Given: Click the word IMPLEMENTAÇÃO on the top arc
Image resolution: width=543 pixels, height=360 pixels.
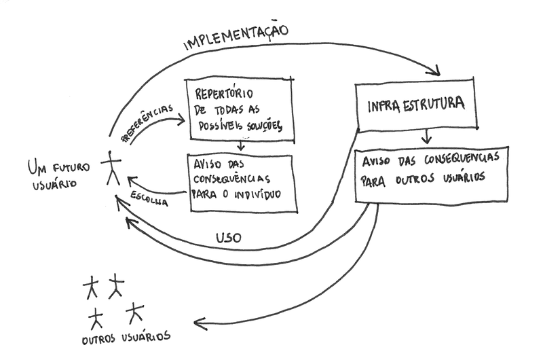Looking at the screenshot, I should (x=237, y=39).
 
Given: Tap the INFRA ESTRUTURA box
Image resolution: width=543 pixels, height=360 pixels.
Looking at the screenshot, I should (x=415, y=106).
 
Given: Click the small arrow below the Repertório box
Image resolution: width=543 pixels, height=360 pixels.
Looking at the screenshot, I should (x=240, y=146).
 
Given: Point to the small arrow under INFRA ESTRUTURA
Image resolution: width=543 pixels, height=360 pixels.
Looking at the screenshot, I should (x=426, y=138).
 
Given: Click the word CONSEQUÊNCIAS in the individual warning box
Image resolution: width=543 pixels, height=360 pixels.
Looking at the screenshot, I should (x=233, y=180).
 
